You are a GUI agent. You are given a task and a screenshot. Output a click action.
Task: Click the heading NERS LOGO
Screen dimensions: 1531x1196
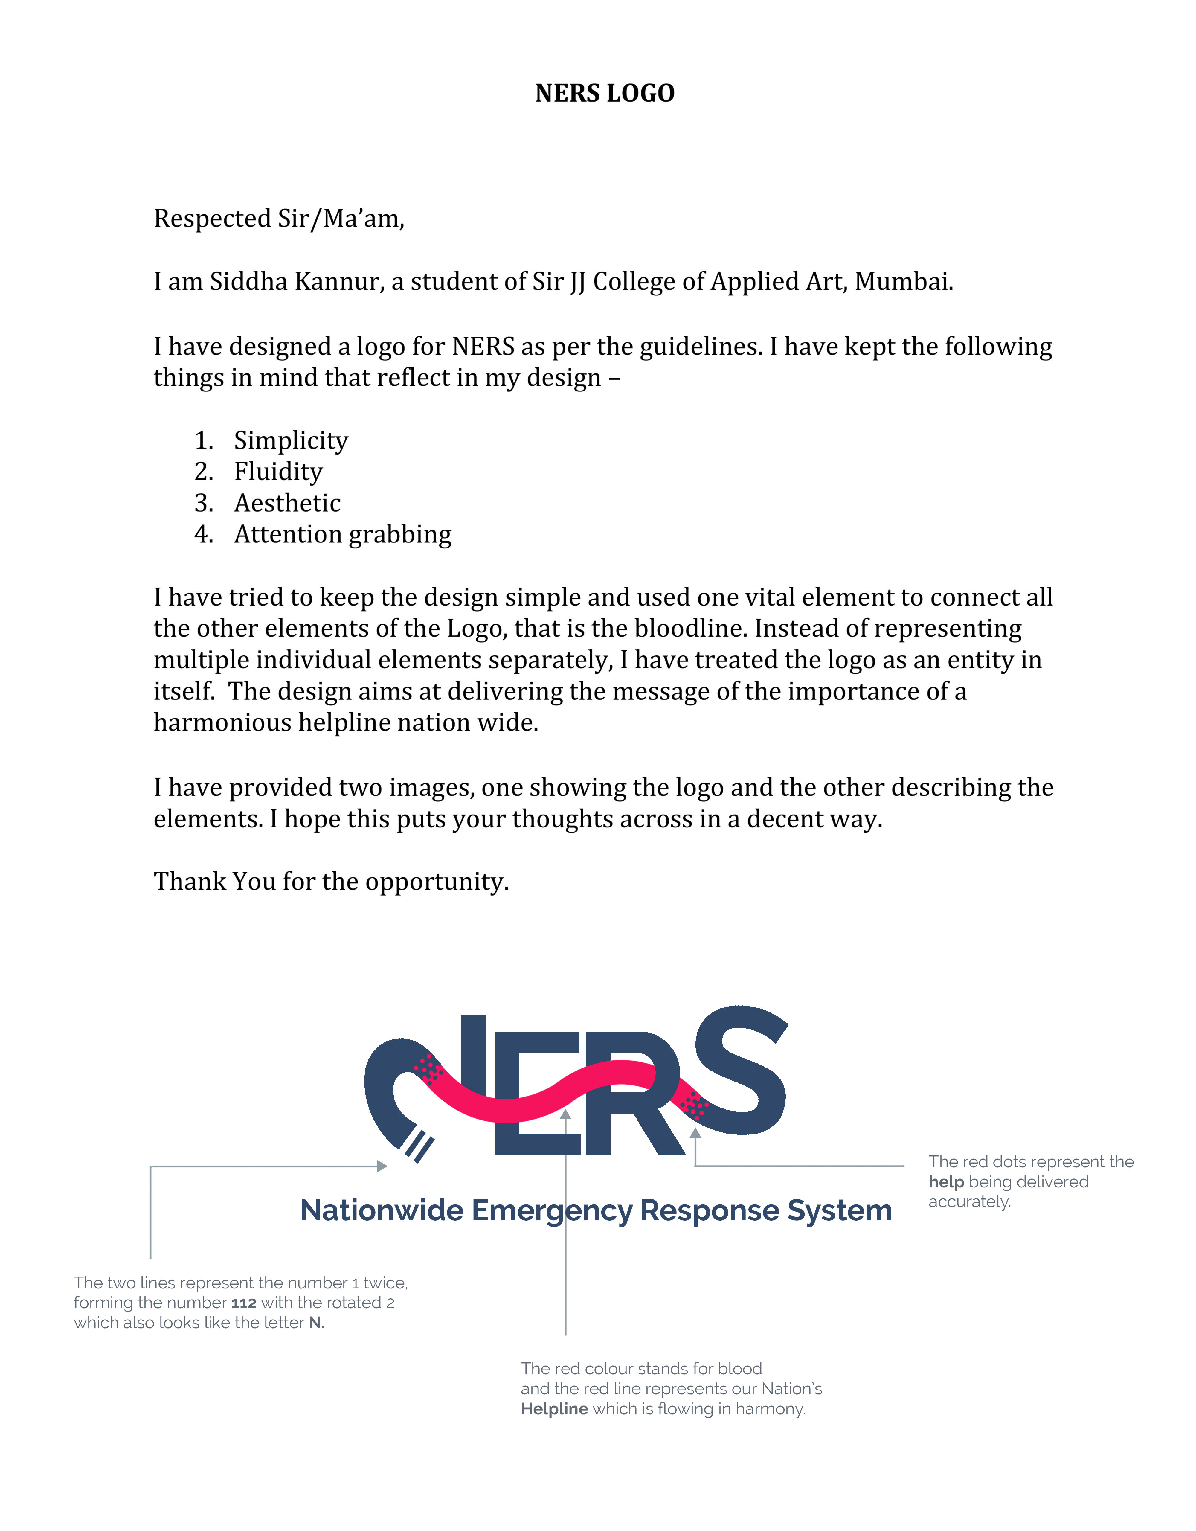tap(604, 93)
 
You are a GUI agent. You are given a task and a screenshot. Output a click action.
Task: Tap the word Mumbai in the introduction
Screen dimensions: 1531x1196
tap(903, 282)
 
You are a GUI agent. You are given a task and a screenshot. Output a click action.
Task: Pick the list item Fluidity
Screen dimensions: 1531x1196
tap(278, 472)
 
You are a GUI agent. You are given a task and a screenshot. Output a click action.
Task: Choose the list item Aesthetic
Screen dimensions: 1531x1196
tap(287, 503)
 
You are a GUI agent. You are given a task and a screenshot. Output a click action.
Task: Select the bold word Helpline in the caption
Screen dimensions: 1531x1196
tap(554, 1409)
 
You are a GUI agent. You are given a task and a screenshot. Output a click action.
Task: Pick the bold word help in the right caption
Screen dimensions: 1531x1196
tap(946, 1182)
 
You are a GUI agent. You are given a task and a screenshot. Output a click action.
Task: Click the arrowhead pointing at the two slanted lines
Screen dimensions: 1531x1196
tap(382, 1166)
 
